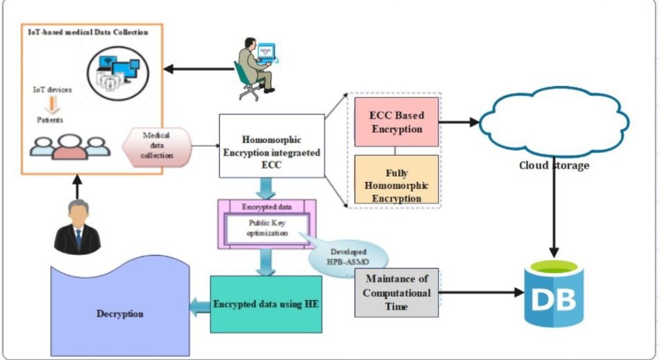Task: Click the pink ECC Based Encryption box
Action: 396,122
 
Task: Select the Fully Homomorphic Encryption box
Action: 396,179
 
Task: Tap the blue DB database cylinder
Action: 554,293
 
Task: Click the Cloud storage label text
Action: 554,165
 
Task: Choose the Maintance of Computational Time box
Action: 396,293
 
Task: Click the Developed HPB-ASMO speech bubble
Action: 348,258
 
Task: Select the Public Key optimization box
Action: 267,228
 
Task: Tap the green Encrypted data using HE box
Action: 266,304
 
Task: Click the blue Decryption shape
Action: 120,313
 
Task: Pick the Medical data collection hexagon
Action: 157,146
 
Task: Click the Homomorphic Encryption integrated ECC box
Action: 272,146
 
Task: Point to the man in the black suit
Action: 77,227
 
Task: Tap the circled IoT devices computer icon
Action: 118,73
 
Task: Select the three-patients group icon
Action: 69,147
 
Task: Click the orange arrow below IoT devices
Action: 52,104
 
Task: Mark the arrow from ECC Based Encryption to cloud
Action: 459,122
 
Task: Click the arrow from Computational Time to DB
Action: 481,292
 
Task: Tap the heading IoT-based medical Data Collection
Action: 88,32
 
